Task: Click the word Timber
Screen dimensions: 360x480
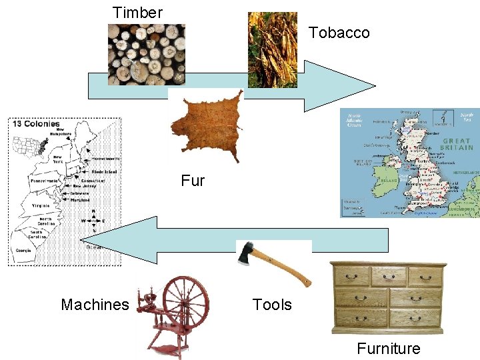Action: point(137,12)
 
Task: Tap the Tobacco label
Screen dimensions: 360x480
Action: point(339,33)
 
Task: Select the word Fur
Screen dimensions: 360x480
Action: point(193,180)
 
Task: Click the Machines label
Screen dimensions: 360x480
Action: point(95,305)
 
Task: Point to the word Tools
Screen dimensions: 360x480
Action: point(272,305)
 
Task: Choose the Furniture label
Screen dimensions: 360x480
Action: point(389,348)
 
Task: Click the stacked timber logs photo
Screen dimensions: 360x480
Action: point(147,55)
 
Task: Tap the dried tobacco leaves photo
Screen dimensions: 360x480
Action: point(272,50)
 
